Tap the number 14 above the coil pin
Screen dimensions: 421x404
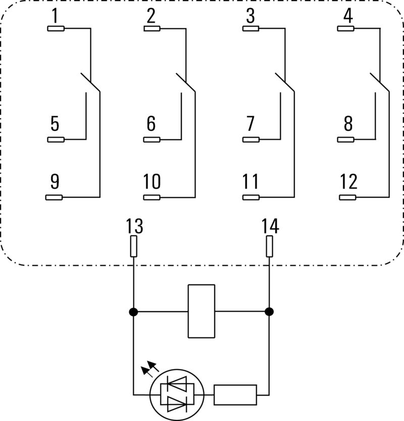(x=270, y=226)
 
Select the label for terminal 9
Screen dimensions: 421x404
(x=55, y=181)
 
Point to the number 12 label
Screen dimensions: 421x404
(x=348, y=181)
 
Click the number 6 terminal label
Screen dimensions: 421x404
(x=151, y=123)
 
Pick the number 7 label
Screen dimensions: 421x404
(x=249, y=123)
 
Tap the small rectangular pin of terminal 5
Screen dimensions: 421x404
(x=56, y=139)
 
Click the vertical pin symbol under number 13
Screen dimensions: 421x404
(x=134, y=247)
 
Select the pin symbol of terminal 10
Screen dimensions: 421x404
(x=152, y=197)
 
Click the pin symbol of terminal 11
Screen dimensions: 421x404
(x=251, y=197)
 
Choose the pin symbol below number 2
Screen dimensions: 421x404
(x=152, y=29)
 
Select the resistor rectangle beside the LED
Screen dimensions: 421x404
(x=235, y=395)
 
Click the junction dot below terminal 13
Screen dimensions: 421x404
(x=133, y=312)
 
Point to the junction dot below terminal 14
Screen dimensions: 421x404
(x=269, y=312)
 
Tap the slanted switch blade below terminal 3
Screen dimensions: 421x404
(x=285, y=82)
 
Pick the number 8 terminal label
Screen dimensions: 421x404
(x=348, y=123)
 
